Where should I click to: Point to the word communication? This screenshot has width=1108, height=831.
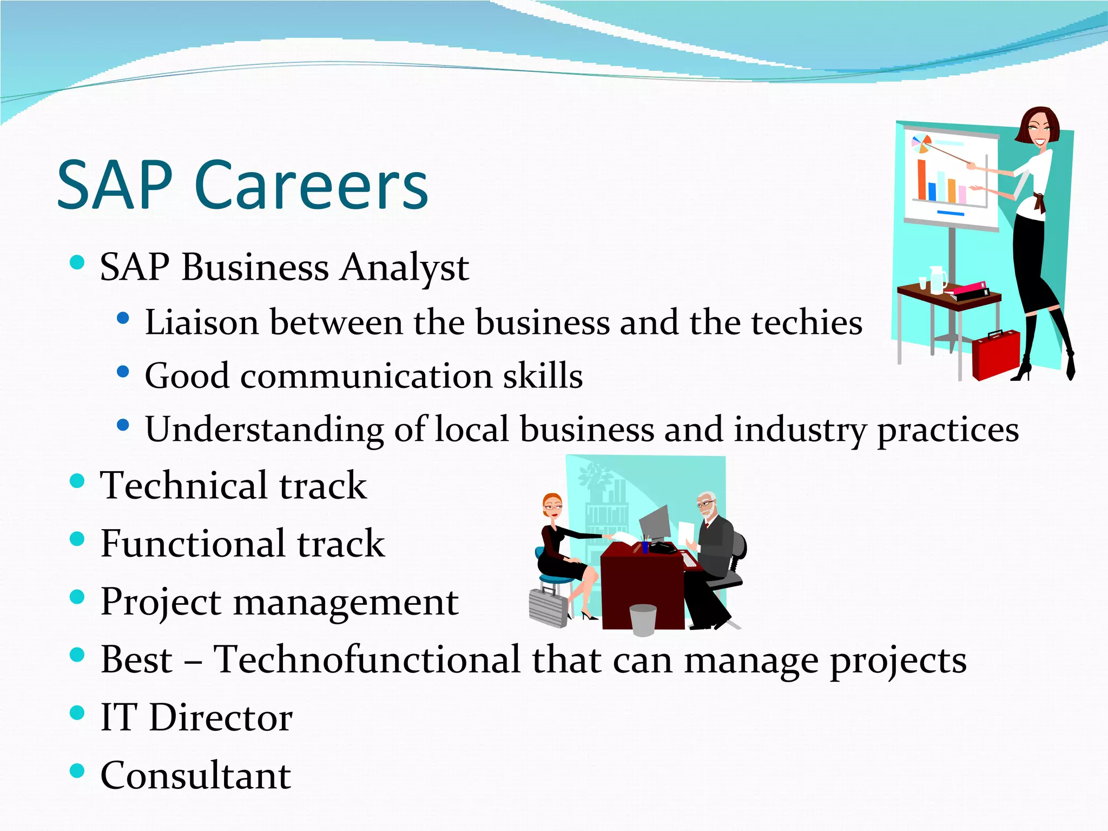pyautogui.click(x=366, y=376)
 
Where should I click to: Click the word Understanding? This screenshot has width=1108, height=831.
pyautogui.click(x=264, y=430)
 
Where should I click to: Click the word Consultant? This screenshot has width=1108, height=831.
pyautogui.click(x=196, y=775)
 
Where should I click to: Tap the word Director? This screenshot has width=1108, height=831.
pyautogui.click(x=221, y=718)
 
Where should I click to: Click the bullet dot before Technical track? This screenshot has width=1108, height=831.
pyautogui.click(x=77, y=481)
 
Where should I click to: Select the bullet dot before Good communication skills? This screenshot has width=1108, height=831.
pyautogui.click(x=123, y=372)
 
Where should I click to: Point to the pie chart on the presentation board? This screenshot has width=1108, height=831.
pyautogui.click(x=921, y=144)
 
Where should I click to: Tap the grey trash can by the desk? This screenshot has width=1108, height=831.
pyautogui.click(x=643, y=619)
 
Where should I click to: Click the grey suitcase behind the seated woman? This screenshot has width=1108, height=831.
pyautogui.click(x=548, y=607)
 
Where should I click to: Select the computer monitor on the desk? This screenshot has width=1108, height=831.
pyautogui.click(x=656, y=522)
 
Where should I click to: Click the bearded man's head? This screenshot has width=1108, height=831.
pyautogui.click(x=705, y=505)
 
